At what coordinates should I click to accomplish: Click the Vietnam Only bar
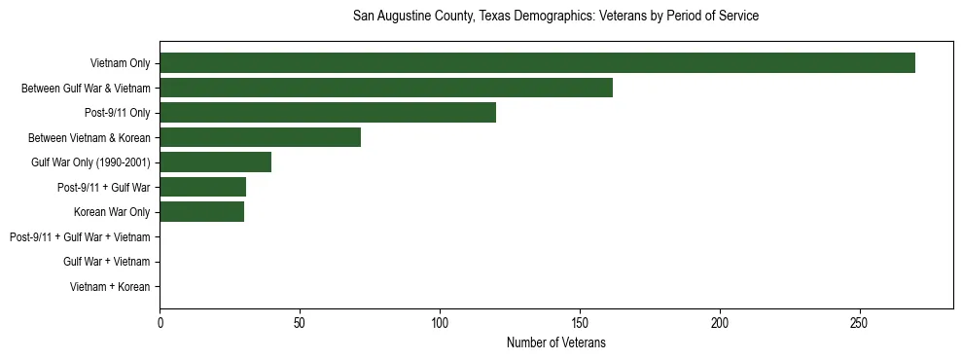(537, 63)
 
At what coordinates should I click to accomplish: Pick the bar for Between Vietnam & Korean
(260, 137)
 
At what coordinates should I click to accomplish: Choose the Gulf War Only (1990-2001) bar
(215, 162)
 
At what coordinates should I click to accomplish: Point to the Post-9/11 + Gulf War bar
(202, 187)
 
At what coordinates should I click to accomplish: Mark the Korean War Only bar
(201, 212)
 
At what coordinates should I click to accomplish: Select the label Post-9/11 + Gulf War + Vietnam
(80, 237)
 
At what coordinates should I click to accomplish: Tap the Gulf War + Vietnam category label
(107, 262)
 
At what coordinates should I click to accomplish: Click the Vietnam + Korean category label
(110, 287)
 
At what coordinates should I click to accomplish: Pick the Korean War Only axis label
(112, 212)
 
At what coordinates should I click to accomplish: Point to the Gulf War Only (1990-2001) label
(90, 162)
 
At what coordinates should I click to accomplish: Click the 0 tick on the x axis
(160, 323)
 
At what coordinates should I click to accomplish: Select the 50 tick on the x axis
(300, 323)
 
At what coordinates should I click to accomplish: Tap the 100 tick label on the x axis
(440, 323)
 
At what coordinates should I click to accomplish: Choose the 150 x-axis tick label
(580, 323)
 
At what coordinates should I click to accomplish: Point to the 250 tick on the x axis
(860, 323)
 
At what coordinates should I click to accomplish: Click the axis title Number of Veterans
(555, 342)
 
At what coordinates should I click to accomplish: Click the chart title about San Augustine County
(555, 17)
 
